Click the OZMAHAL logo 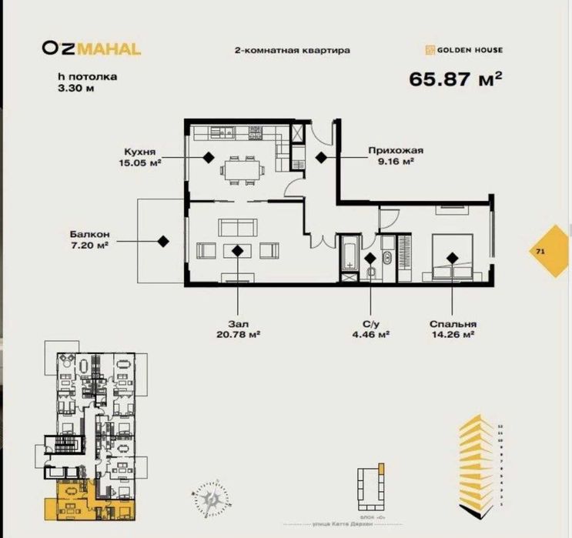(91, 48)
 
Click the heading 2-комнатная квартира (292, 50)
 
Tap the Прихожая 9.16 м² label (396, 157)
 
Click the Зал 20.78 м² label (237, 329)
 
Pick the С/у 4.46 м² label (370, 329)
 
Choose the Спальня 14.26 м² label (452, 329)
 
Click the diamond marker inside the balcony (163, 241)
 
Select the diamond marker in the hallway (321, 157)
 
